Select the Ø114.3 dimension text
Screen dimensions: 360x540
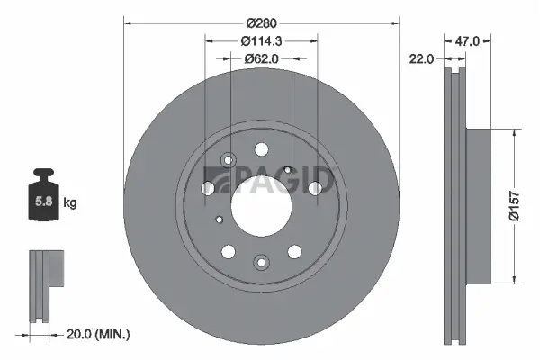point(261,40)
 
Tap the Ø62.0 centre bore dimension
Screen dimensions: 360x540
point(261,58)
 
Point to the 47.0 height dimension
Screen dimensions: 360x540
point(468,40)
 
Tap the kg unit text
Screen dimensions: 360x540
point(70,203)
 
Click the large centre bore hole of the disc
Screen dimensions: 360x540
point(261,206)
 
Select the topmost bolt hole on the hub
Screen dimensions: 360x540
point(261,150)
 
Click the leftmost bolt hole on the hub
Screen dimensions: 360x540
point(208,189)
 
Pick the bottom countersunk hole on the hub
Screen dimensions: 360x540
point(261,262)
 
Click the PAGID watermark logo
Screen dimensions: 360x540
point(270,180)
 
